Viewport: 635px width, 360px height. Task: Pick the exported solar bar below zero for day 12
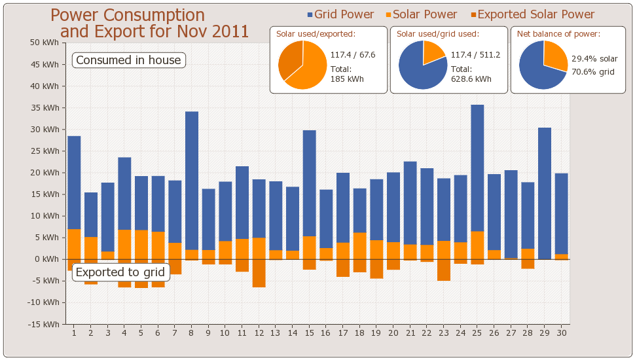coord(259,273)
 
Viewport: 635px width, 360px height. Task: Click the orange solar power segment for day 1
coord(74,243)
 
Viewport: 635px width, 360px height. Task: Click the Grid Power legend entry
coord(340,14)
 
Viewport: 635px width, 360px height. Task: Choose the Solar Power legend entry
coord(420,14)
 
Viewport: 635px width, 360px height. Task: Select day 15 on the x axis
coord(309,333)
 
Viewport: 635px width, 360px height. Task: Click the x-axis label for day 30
coord(562,333)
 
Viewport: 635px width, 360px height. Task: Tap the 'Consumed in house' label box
coord(128,60)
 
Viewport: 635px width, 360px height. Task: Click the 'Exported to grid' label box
coord(121,272)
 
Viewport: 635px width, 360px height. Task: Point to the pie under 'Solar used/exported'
coord(302,65)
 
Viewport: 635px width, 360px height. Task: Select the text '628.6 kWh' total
coord(471,79)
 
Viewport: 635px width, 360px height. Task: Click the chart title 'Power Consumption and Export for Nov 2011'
coord(151,23)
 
